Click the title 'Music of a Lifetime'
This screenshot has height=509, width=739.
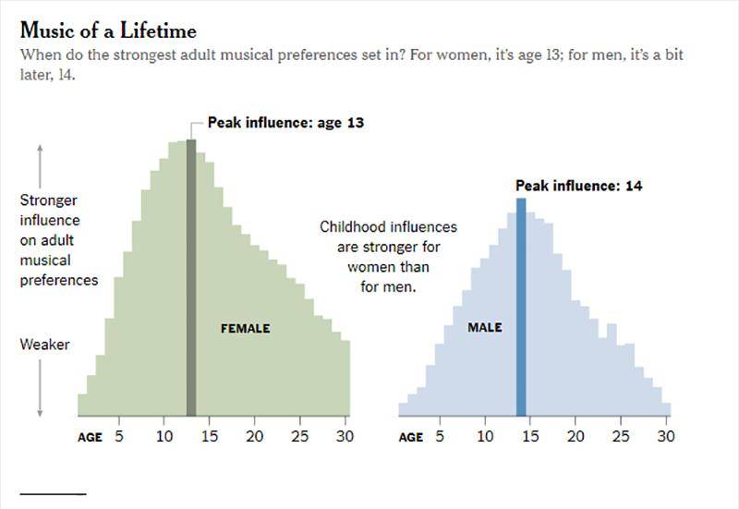click(108, 31)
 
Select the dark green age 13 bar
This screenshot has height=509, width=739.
click(191, 277)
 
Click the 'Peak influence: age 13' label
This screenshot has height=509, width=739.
click(285, 122)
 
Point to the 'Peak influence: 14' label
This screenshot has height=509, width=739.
click(578, 186)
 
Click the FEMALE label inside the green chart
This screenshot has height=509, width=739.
click(245, 328)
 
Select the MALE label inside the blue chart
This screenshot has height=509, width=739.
click(484, 328)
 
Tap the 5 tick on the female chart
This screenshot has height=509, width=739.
click(119, 436)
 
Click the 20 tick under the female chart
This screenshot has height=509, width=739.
click(254, 436)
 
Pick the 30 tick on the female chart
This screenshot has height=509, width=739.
click(345, 436)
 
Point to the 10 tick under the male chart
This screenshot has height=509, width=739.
click(484, 436)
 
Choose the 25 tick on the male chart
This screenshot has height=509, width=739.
click(620, 436)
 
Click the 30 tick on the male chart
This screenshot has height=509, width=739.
click(665, 436)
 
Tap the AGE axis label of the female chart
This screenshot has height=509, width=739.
click(90, 437)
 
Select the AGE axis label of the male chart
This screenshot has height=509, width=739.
click(410, 437)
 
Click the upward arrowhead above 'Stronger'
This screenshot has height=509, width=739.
click(41, 150)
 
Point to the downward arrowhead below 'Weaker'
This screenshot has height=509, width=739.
click(41, 412)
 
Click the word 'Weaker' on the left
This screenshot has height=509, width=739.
click(44, 345)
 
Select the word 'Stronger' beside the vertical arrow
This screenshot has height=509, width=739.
click(49, 200)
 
